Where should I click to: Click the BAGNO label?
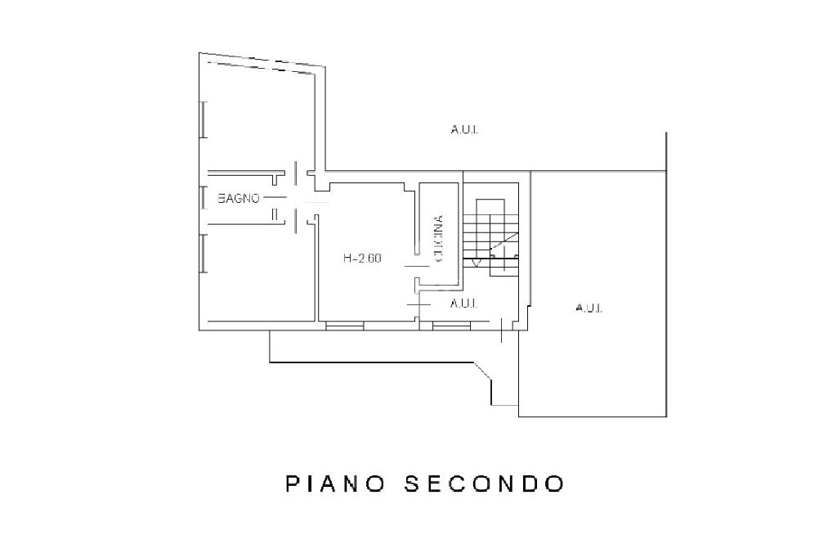point(239,199)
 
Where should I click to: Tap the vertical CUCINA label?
point(438,238)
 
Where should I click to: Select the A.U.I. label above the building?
point(464,129)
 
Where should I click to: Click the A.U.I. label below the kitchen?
point(464,304)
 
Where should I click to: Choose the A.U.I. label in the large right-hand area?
point(589,308)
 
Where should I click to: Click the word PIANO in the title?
point(335,484)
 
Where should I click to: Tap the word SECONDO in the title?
point(485,484)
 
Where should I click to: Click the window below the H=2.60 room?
point(344,326)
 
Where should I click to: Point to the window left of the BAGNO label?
point(203,198)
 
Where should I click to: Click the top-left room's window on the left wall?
point(203,119)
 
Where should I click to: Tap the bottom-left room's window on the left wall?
point(203,254)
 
